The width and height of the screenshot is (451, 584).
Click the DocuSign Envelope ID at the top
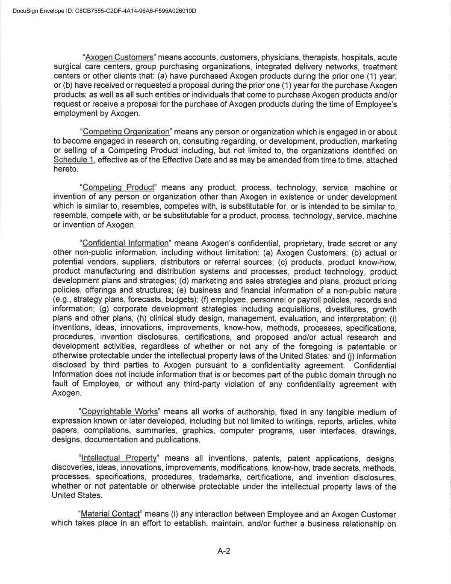click(104, 11)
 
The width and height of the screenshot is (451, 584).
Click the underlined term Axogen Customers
click(119, 57)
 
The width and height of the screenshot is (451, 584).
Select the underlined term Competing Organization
click(126, 132)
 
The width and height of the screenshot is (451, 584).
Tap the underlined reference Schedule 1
click(74, 160)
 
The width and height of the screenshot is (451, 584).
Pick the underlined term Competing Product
click(118, 187)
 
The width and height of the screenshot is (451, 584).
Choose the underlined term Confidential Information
click(125, 243)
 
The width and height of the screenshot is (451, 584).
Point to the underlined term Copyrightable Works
click(119, 412)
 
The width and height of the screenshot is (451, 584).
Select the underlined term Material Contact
click(110, 514)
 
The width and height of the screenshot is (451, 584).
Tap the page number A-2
click(224, 551)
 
